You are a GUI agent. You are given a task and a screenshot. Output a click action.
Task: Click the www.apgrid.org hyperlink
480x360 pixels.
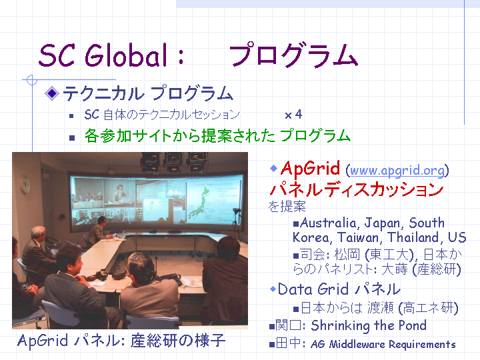click(x=397, y=171)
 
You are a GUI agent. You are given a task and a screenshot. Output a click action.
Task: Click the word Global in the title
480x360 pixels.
click(x=127, y=55)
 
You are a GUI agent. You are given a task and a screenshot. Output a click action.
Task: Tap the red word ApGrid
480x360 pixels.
click(x=310, y=169)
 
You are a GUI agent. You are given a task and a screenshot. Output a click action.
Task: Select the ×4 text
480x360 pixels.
click(x=293, y=115)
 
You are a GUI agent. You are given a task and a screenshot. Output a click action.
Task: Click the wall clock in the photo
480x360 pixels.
click(x=25, y=185)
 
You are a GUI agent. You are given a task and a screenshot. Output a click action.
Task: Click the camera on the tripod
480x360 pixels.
click(x=237, y=211)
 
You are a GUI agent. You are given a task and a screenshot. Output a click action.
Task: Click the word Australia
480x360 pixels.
click(x=328, y=223)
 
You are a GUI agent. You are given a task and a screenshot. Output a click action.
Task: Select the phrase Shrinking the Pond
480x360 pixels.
click(x=369, y=326)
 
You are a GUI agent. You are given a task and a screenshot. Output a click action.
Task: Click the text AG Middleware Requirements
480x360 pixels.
click(x=383, y=344)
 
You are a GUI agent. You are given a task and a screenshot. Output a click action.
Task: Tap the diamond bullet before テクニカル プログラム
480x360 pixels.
click(x=52, y=93)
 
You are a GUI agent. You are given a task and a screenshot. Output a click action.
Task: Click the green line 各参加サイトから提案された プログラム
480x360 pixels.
click(x=217, y=135)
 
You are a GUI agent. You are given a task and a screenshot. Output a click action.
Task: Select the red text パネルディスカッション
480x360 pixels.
click(x=356, y=189)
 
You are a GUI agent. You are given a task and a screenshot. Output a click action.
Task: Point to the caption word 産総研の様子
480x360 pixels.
click(x=178, y=341)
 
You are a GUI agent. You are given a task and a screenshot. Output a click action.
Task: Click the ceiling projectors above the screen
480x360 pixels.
click(x=173, y=161)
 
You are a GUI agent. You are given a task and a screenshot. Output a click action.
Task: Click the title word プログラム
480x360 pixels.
click(x=293, y=55)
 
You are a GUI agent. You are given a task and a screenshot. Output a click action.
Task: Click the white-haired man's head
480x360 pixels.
click(x=38, y=233)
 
